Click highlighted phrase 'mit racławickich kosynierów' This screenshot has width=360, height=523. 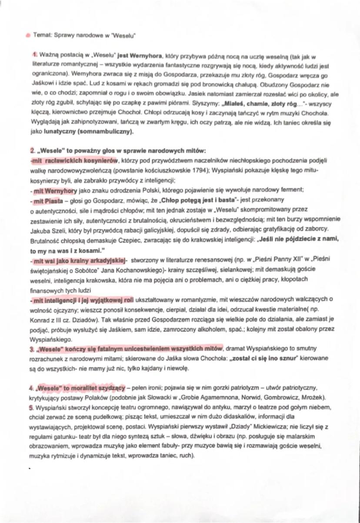[72, 161]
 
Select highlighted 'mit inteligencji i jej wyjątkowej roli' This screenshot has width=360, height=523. [82, 300]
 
